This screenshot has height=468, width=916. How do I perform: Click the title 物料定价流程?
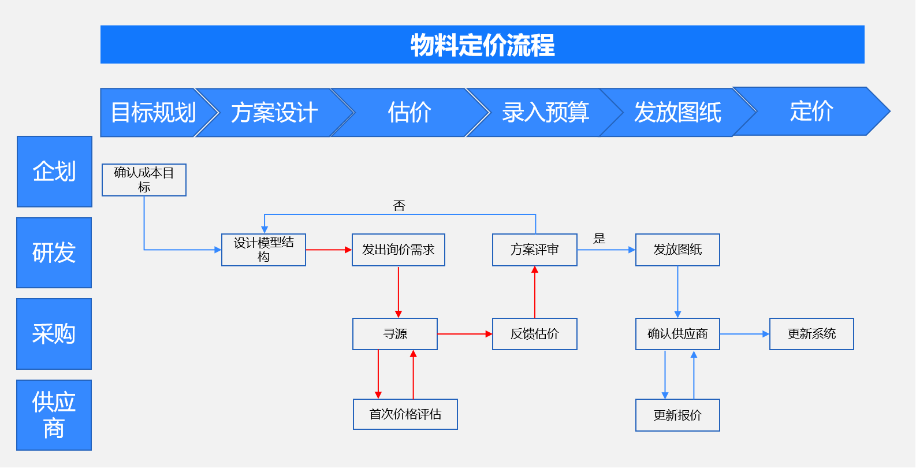(x=482, y=45)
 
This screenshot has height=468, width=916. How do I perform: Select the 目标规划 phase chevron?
(x=153, y=113)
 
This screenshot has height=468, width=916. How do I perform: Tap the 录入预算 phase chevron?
(x=545, y=113)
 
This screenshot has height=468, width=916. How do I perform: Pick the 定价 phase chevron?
(x=811, y=112)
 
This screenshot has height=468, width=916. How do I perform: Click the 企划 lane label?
(x=54, y=172)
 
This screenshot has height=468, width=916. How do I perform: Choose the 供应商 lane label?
(x=54, y=415)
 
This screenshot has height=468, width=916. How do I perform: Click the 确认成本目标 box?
(x=144, y=180)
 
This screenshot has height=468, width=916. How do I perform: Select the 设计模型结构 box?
(x=263, y=250)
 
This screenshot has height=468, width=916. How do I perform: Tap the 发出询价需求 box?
(x=398, y=250)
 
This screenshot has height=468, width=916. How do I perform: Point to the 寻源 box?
(x=394, y=334)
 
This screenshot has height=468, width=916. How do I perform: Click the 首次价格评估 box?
(x=405, y=414)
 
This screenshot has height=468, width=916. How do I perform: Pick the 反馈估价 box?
(x=534, y=334)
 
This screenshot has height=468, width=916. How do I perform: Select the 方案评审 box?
(x=534, y=250)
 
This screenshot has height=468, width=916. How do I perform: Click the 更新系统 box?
(x=811, y=334)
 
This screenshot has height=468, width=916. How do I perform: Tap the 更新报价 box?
(x=677, y=415)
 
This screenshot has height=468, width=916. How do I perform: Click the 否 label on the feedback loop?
(x=399, y=206)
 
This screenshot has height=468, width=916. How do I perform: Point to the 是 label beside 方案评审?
(x=600, y=239)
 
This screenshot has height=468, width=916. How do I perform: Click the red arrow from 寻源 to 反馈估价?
(x=464, y=334)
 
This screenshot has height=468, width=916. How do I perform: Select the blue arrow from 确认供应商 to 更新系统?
(x=744, y=334)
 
